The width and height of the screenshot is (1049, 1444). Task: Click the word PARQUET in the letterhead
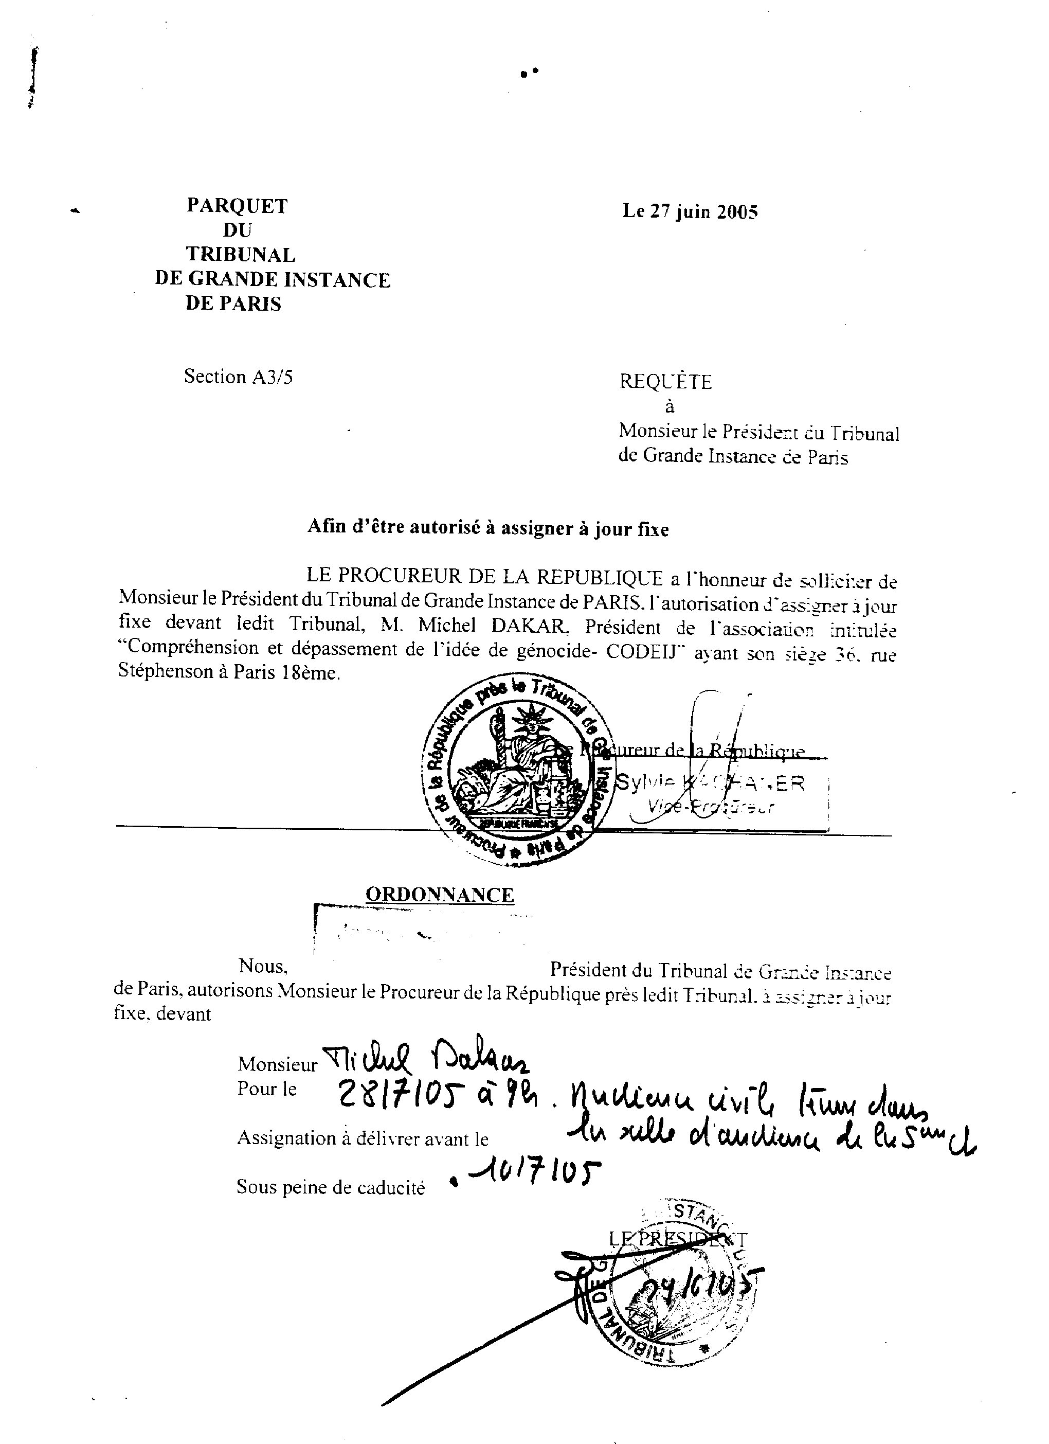pyautogui.click(x=237, y=206)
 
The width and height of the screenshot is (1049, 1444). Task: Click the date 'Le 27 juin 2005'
pyautogui.click(x=690, y=211)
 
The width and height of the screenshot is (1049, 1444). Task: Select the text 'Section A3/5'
pyautogui.click(x=238, y=377)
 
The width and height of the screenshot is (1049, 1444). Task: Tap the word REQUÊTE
pyautogui.click(x=665, y=382)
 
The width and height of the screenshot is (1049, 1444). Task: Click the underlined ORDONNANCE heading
pyautogui.click(x=439, y=895)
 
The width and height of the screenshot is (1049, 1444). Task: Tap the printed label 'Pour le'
pyautogui.click(x=267, y=1089)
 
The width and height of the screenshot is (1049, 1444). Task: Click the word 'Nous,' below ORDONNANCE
pyautogui.click(x=263, y=966)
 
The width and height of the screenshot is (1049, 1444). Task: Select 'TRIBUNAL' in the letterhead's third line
pyautogui.click(x=241, y=254)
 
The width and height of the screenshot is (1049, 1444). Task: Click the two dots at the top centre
pyautogui.click(x=529, y=73)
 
